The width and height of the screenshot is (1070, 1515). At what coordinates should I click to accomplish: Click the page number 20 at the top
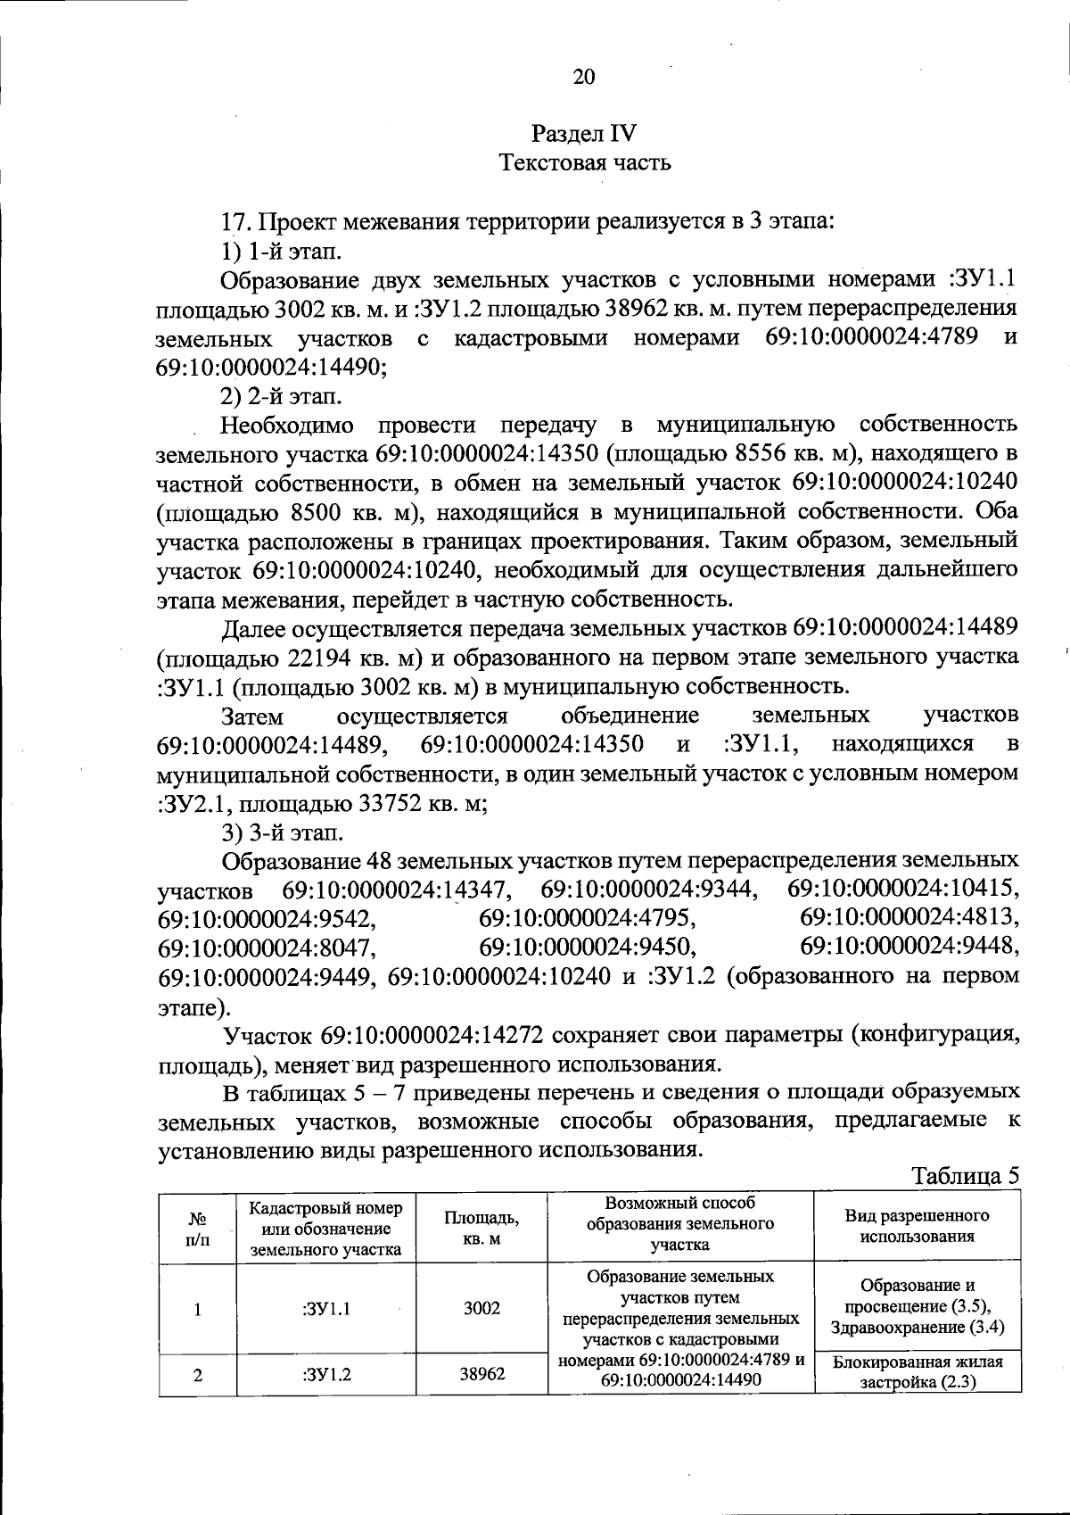tap(583, 77)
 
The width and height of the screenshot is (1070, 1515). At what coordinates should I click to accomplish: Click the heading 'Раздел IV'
tap(584, 134)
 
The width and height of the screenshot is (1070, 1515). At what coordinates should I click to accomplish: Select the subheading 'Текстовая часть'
tap(584, 163)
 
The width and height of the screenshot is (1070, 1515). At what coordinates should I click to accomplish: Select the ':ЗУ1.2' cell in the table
tap(325, 1374)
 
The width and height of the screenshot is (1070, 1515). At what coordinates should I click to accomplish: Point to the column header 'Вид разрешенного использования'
tap(917, 1226)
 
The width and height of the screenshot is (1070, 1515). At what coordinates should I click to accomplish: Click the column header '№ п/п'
tap(197, 1228)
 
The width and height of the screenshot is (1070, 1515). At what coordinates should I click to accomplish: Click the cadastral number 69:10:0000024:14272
tap(434, 1036)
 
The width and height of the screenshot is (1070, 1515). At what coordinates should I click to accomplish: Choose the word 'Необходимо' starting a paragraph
tap(287, 425)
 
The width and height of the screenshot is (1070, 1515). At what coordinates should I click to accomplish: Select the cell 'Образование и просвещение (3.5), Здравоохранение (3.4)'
tap(917, 1306)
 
